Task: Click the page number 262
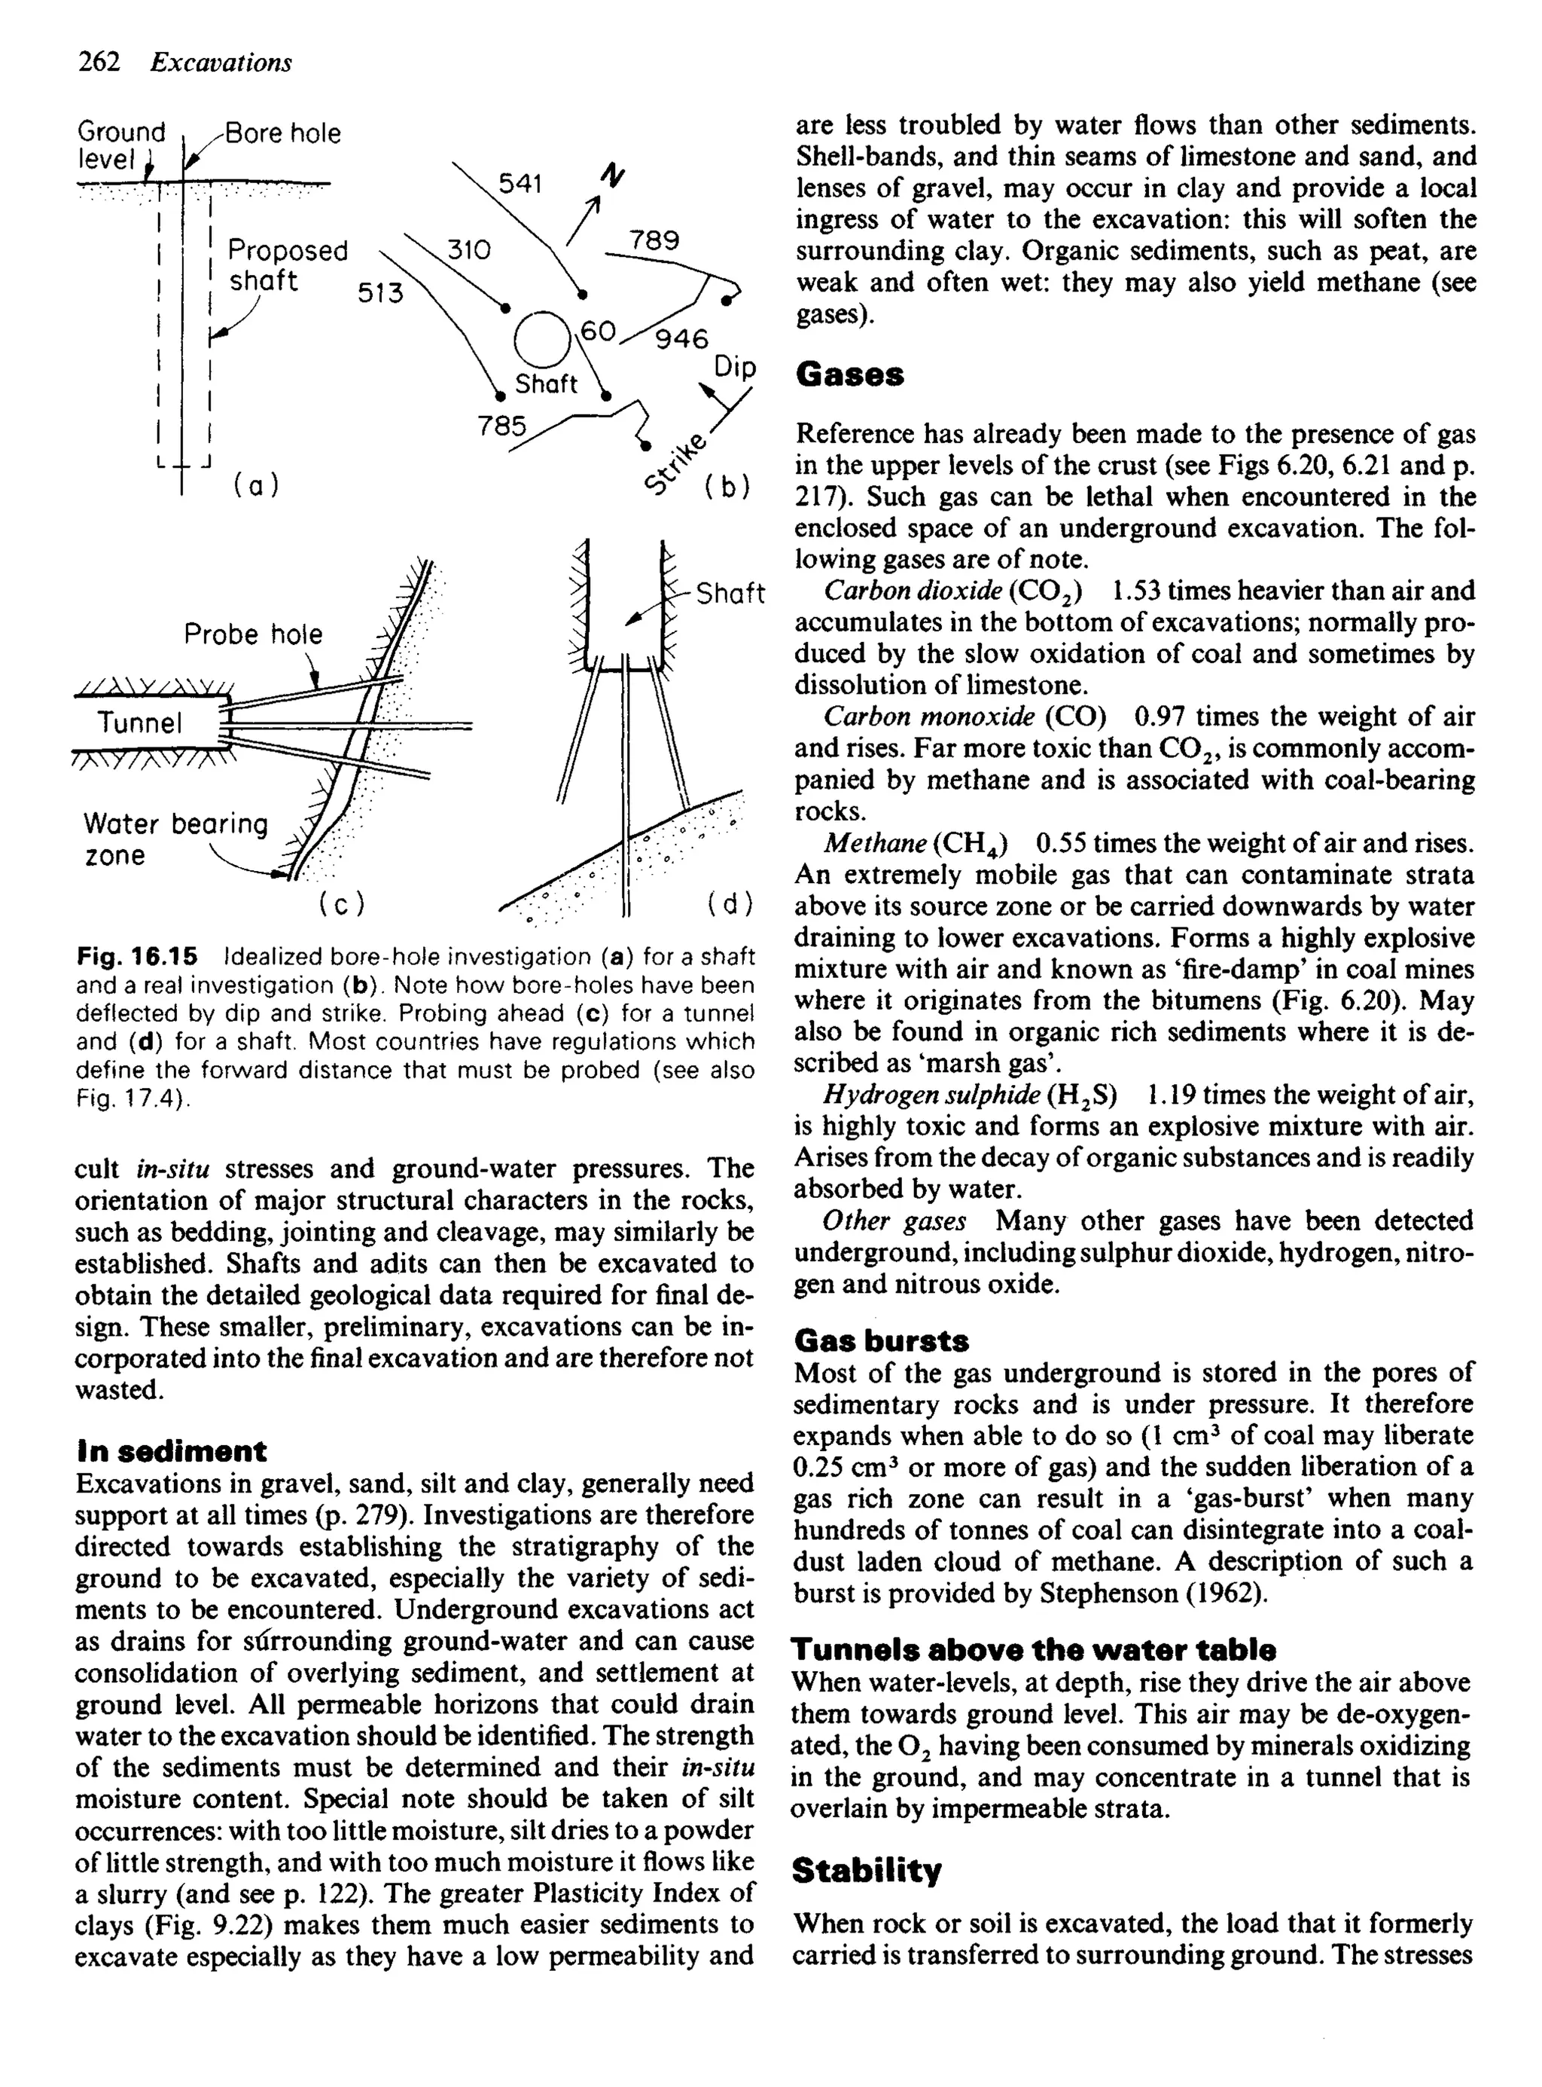99,62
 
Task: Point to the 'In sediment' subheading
170,1451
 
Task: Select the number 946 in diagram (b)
681,339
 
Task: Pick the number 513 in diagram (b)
381,293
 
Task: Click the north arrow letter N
613,175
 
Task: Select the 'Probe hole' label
253,634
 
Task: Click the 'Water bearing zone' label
175,839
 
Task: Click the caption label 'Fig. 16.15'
137,956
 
